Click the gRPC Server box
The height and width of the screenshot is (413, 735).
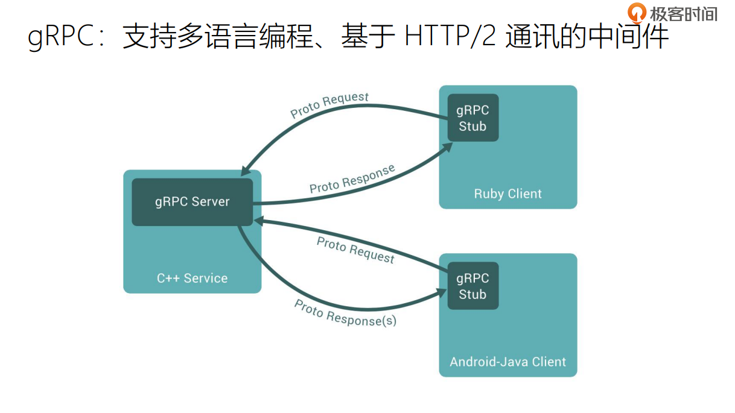192,202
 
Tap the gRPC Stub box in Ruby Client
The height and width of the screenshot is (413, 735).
472,118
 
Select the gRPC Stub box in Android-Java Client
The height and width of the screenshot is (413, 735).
472,286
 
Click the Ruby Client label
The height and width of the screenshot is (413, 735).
507,194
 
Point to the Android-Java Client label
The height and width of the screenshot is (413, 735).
507,362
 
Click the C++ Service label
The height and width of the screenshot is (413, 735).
192,279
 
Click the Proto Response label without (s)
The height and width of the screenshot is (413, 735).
352,179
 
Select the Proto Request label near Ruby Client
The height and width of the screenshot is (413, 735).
329,106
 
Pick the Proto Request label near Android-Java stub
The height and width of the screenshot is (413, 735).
355,250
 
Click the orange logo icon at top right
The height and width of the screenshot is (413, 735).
637,13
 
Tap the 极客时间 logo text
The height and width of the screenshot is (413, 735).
684,13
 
